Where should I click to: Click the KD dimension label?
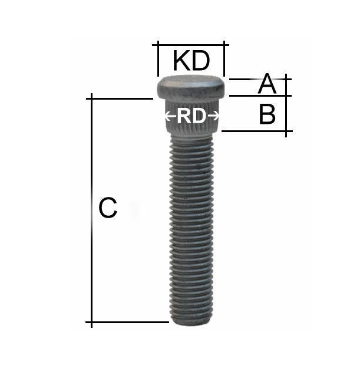tap(191, 61)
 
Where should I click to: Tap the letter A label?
tap(267, 84)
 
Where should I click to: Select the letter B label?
tap(267, 114)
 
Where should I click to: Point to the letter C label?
tap(108, 208)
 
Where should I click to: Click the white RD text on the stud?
tap(191, 117)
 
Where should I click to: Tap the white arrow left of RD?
tap(170, 117)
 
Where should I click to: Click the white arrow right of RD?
tap(213, 117)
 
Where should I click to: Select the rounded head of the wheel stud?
tap(191, 87)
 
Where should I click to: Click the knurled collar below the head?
tap(191, 117)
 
